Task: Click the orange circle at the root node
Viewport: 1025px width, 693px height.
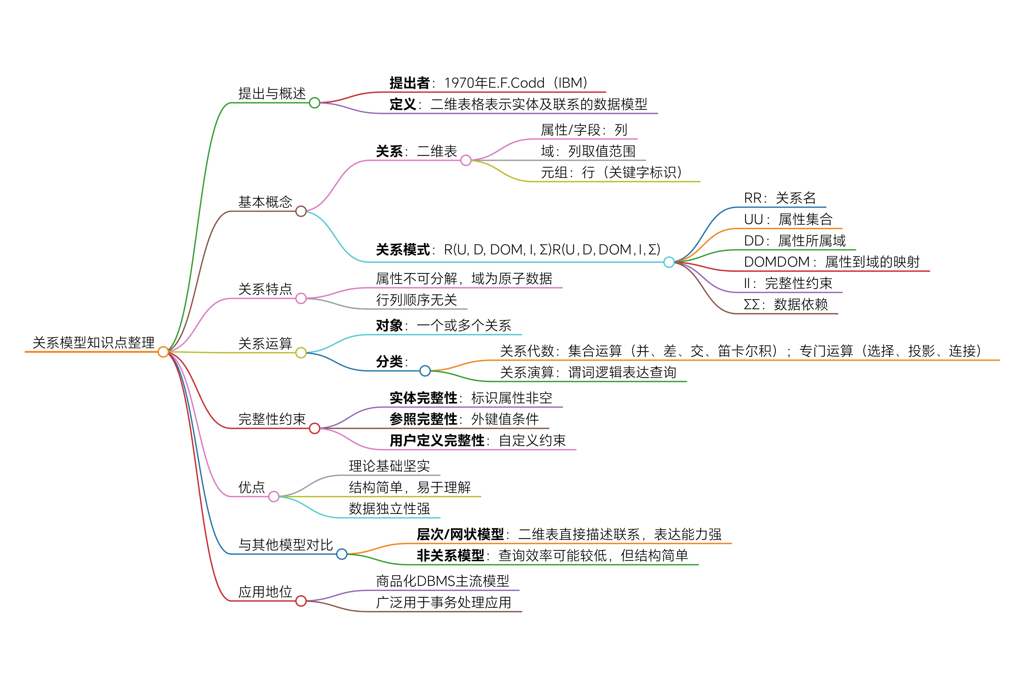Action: pyautogui.click(x=163, y=352)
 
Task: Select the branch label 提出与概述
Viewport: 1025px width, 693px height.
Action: pyautogui.click(x=272, y=93)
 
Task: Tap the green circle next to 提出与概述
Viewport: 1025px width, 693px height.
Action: pyautogui.click(x=315, y=103)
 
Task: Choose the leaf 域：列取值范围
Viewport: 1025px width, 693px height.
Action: pyautogui.click(x=588, y=151)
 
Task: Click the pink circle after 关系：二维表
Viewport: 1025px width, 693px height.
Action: pyautogui.click(x=466, y=160)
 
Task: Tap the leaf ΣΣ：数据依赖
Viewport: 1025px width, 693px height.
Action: pyautogui.click(x=786, y=305)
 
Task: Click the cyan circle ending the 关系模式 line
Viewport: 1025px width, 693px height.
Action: pyautogui.click(x=669, y=262)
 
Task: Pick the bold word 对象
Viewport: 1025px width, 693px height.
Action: pyautogui.click(x=389, y=326)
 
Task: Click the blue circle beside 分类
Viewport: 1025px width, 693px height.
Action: pyautogui.click(x=425, y=371)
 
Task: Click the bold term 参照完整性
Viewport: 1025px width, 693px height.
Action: pyautogui.click(x=423, y=419)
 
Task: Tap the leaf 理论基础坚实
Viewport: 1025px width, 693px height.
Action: pyautogui.click(x=389, y=466)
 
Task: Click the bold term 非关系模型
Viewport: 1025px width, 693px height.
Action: pyautogui.click(x=450, y=555)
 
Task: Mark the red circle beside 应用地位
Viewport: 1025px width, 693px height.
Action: pyautogui.click(x=301, y=601)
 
